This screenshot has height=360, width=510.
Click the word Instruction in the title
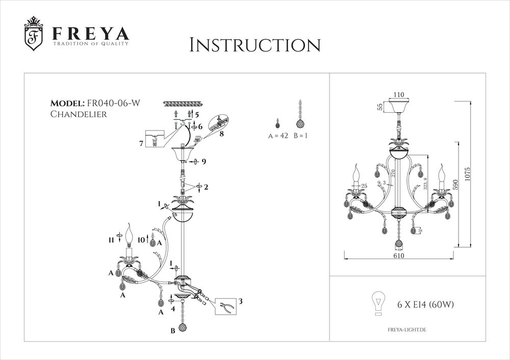point(254,44)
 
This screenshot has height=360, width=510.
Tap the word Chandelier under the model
point(78,115)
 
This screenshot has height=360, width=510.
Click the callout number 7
point(141,144)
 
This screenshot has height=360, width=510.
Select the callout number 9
point(203,162)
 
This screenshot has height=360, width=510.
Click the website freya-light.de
point(406,330)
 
